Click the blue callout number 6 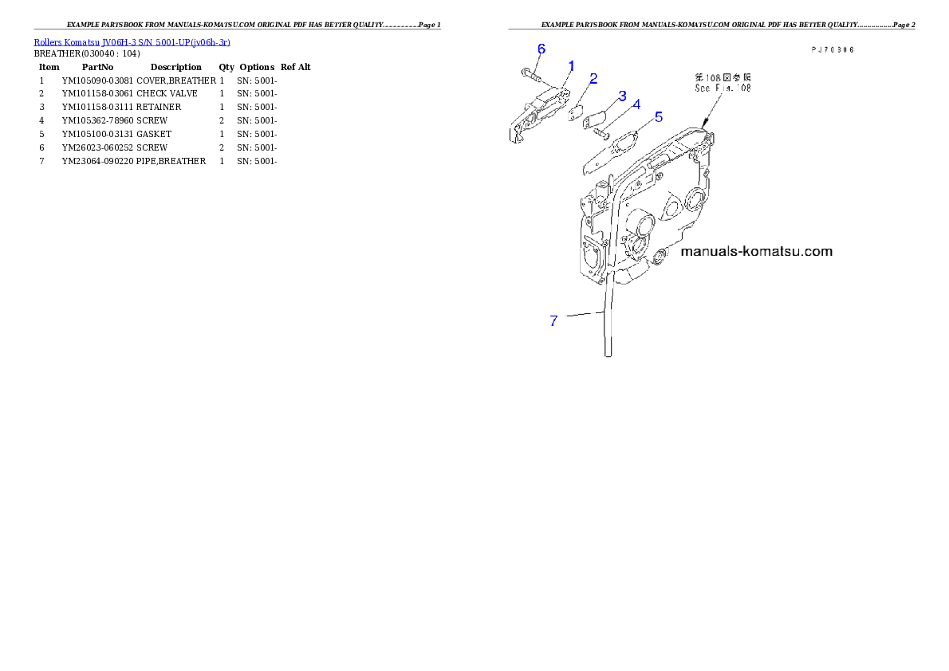tap(541, 49)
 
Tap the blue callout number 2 tap(593, 78)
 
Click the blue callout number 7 tap(553, 321)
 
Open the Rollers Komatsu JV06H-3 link tap(132, 41)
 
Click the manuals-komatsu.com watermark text tap(757, 252)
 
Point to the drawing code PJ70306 tap(833, 49)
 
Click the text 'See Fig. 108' tap(723, 88)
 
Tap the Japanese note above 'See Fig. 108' tap(723, 78)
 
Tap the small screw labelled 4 tap(604, 134)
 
